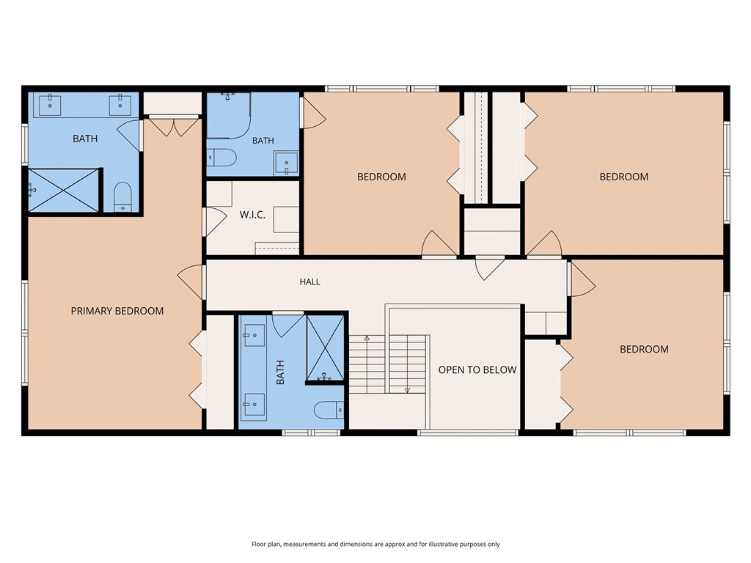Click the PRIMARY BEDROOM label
[x=117, y=311]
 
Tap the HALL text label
[x=310, y=282]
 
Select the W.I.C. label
[x=252, y=215]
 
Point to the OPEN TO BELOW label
[x=477, y=369]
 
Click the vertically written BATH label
[x=280, y=372]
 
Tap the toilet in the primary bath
[x=123, y=196]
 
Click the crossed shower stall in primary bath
[x=64, y=190]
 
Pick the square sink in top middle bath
[x=287, y=163]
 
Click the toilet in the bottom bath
[x=329, y=411]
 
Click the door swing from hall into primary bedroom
[x=191, y=282]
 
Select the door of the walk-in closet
[x=215, y=221]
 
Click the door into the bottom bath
[x=287, y=324]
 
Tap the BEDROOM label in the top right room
[x=624, y=177]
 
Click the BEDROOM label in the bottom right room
[x=644, y=349]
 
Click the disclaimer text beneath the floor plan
[x=375, y=545]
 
